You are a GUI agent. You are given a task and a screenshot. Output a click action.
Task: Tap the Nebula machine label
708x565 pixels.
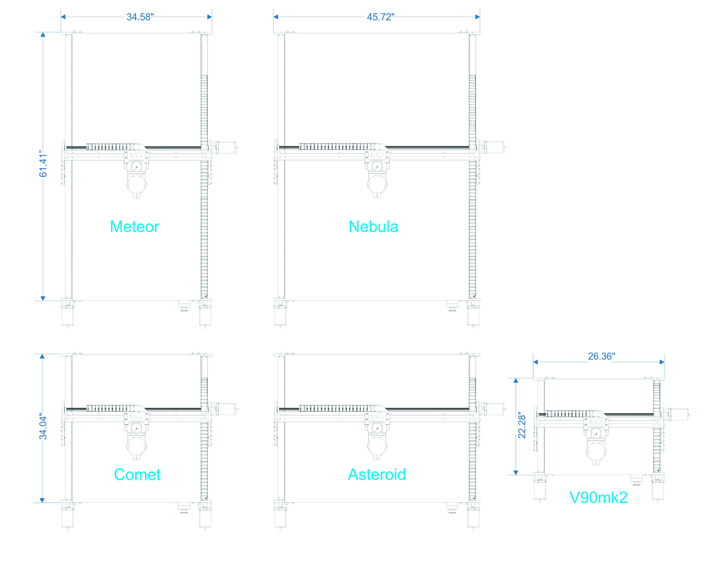373,227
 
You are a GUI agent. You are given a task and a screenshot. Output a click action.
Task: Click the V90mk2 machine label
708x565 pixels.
598,497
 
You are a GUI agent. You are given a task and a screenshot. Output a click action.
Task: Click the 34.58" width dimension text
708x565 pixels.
140,17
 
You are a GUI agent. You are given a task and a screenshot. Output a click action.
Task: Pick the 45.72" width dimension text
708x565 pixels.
380,17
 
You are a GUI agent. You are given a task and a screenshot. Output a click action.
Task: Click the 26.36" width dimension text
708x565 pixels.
601,356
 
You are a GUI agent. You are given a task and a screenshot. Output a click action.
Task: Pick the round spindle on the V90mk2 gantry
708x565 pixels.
596,451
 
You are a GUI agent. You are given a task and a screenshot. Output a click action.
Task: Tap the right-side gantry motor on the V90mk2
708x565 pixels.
679,414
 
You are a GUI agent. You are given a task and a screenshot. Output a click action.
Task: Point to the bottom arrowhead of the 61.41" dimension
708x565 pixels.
43,298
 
